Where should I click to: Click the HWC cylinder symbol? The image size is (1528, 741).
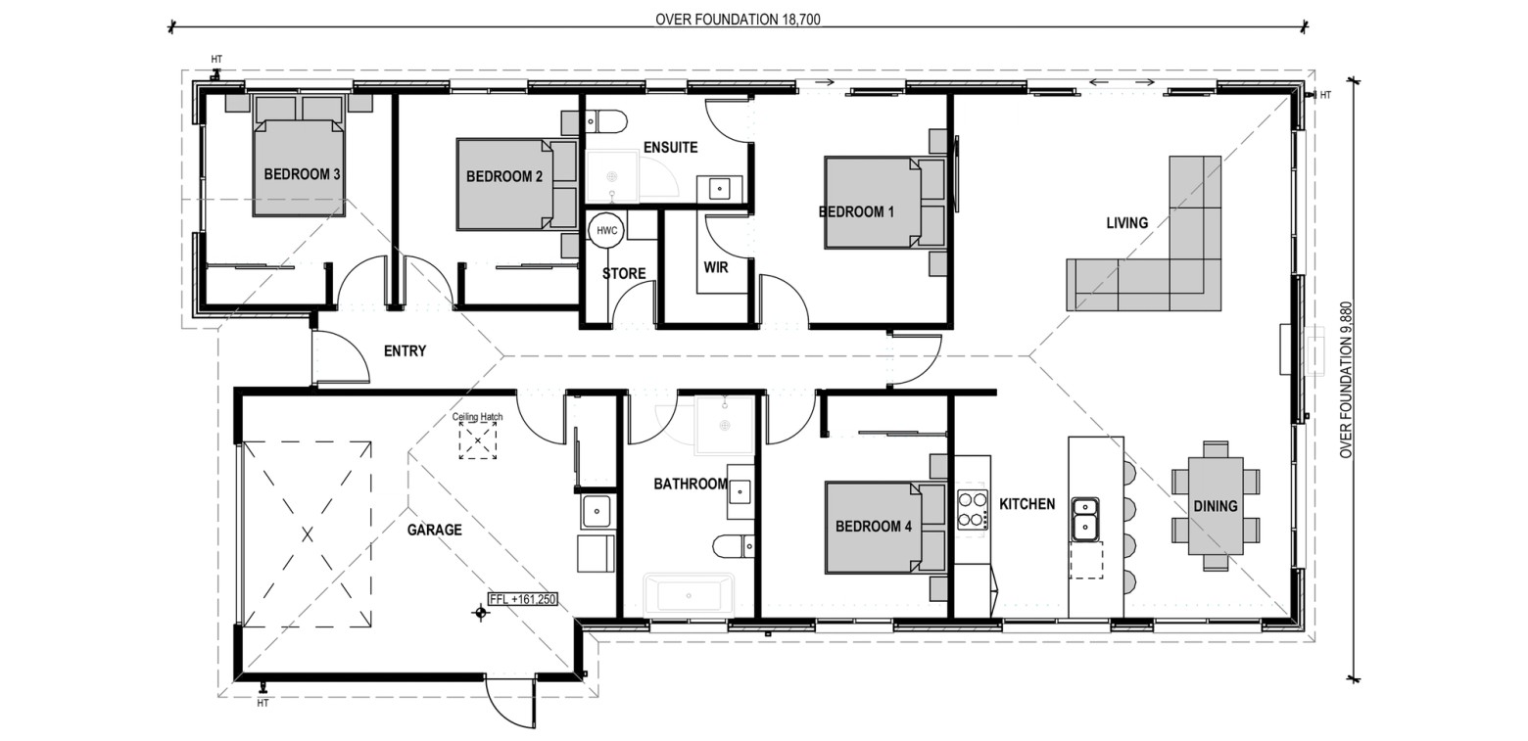coord(606,230)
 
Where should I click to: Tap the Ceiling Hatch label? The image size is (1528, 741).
coord(478,417)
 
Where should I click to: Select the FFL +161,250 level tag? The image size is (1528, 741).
coord(523,599)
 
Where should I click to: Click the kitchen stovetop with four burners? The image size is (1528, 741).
coord(972,510)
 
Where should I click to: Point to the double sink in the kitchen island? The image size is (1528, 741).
coord(1084,519)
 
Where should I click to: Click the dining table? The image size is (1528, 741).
coord(1216,506)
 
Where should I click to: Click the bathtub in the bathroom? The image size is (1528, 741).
coord(689,595)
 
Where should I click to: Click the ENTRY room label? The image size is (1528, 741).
coord(405,351)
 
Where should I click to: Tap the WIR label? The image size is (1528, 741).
coord(716,267)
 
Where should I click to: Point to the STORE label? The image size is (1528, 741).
coord(624,273)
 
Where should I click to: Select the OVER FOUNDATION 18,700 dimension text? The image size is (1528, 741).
coord(738,19)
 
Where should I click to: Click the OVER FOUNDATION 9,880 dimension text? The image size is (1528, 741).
coord(1345,381)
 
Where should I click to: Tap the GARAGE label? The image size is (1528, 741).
coord(435,530)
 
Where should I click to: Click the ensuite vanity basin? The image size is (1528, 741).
coord(719,188)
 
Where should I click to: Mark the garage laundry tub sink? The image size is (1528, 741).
coord(597,511)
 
